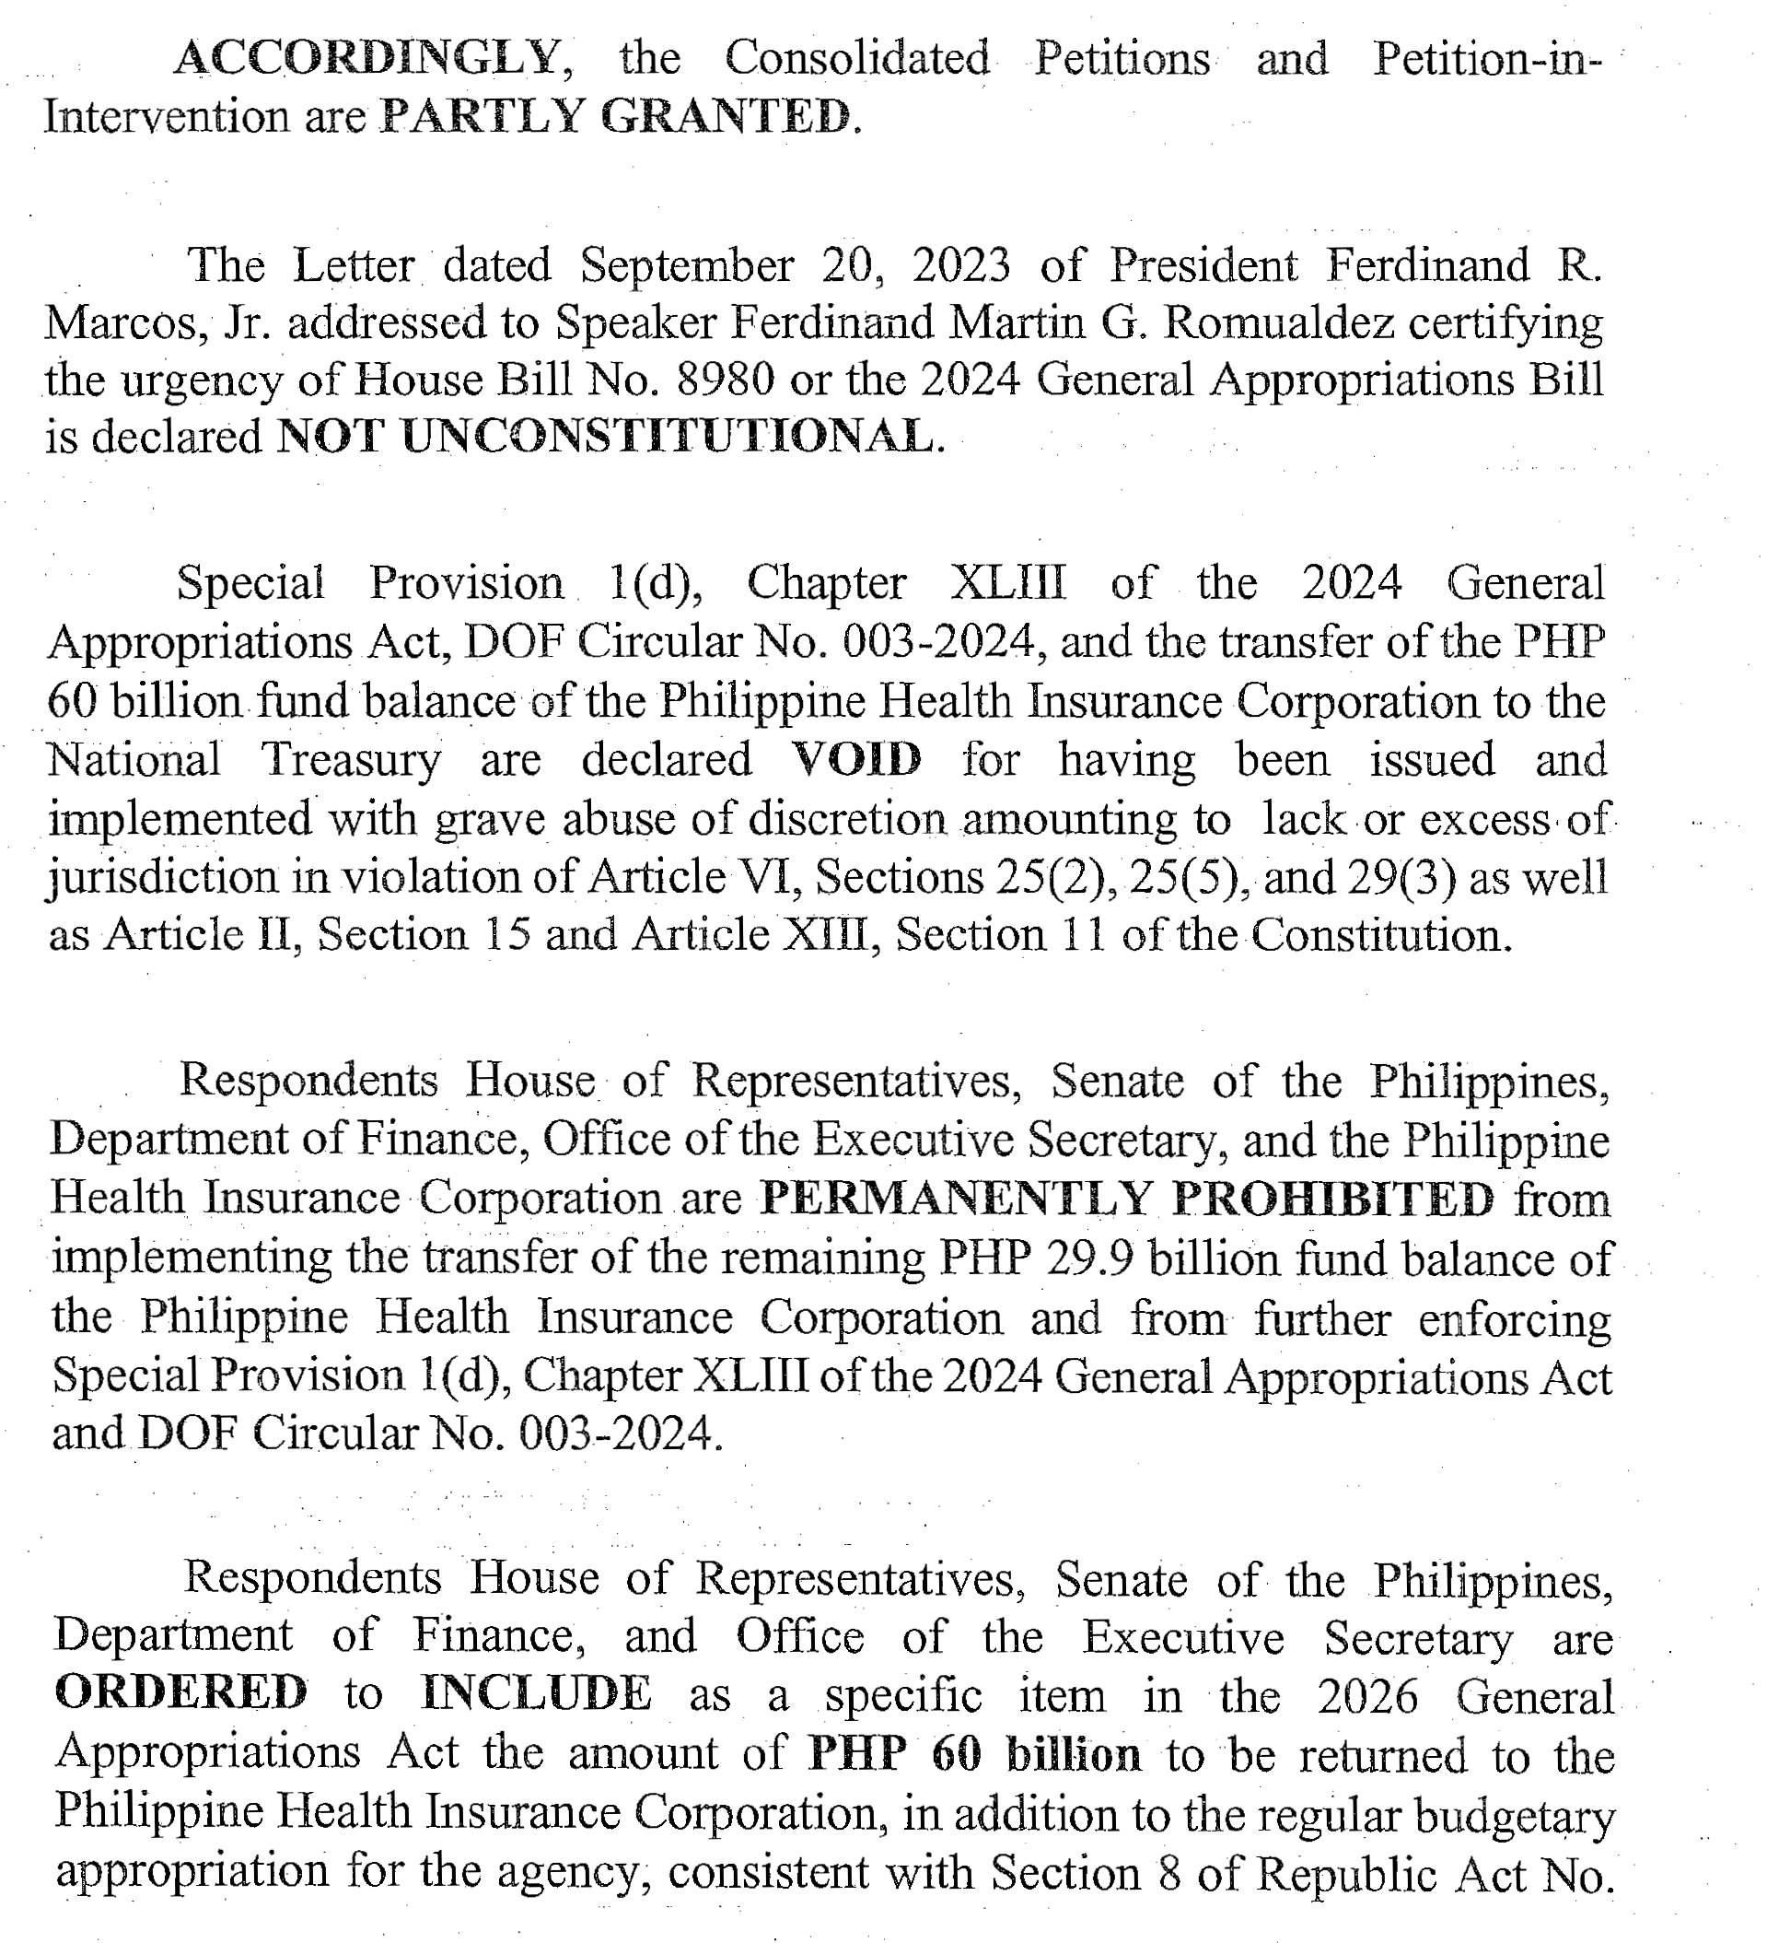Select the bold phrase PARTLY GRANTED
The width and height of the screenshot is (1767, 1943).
pos(616,117)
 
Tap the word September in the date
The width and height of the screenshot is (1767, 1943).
pos(687,265)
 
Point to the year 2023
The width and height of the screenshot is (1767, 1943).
pos(960,265)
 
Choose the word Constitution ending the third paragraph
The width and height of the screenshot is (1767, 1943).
pos(1378,935)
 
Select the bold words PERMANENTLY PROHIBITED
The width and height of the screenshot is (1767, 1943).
pos(1127,1200)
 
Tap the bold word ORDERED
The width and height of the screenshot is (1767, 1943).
pos(181,1694)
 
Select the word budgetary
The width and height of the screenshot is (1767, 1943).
pos(1514,1814)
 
